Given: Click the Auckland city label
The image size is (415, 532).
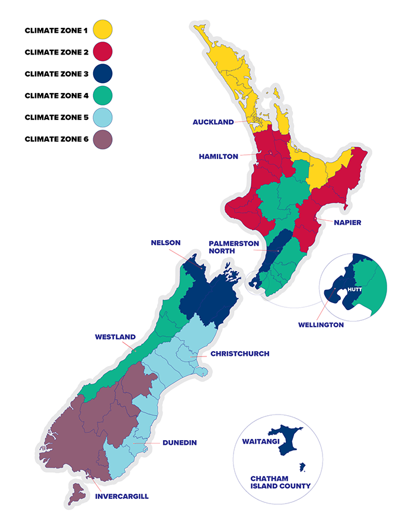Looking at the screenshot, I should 213,122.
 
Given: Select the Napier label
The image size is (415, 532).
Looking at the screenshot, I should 347,222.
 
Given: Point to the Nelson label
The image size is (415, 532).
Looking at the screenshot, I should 165,243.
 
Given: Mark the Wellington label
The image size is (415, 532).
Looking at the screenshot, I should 320,324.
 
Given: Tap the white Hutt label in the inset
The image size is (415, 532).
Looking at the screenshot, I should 353,289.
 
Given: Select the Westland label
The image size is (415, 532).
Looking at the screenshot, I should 115,337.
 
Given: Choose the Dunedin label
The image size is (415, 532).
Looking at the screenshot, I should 179,442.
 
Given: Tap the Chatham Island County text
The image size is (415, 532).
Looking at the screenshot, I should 280,481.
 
